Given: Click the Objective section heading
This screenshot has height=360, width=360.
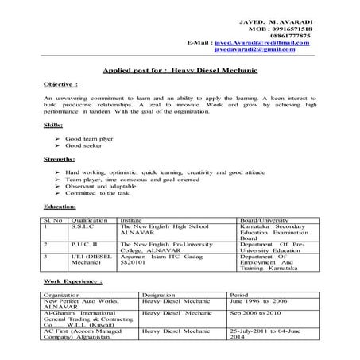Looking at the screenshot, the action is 61,83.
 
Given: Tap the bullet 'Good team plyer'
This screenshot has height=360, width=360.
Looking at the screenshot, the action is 88,138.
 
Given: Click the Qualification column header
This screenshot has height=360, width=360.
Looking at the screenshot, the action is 89,219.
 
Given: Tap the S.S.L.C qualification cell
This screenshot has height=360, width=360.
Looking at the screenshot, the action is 83,226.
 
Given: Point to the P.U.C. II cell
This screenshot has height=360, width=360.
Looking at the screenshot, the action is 84,244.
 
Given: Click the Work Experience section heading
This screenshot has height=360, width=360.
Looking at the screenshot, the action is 72,281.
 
